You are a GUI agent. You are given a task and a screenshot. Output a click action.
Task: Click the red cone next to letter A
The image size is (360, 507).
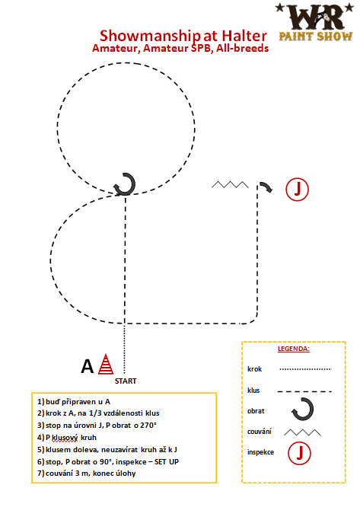(x=106, y=365)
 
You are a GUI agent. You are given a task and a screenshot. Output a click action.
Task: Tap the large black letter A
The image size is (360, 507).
(x=88, y=367)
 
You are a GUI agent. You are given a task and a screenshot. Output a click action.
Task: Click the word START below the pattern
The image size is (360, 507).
(x=126, y=381)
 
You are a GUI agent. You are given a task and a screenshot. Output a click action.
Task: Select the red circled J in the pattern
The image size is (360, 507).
(x=298, y=189)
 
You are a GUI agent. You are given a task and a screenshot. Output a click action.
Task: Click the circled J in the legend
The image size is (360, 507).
(x=299, y=453)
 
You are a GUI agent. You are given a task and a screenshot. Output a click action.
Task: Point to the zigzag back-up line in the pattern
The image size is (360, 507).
(x=230, y=185)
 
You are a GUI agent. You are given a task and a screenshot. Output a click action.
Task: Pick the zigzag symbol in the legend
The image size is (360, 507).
(x=302, y=432)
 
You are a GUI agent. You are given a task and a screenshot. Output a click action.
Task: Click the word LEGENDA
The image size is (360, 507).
(x=294, y=349)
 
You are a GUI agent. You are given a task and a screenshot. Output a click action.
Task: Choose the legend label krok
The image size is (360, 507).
(x=255, y=369)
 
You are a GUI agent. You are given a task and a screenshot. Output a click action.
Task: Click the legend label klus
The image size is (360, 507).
(x=253, y=391)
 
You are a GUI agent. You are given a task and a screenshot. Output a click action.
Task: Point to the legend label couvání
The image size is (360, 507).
(x=260, y=432)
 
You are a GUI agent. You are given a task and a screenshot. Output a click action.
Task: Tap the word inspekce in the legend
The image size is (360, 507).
(x=260, y=452)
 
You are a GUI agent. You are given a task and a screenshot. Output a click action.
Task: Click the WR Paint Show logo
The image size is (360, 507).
(x=315, y=22)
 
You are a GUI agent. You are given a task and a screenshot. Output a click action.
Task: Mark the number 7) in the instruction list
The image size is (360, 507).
(x=40, y=474)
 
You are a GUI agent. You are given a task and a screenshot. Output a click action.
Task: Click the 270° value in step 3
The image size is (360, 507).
(x=148, y=426)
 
